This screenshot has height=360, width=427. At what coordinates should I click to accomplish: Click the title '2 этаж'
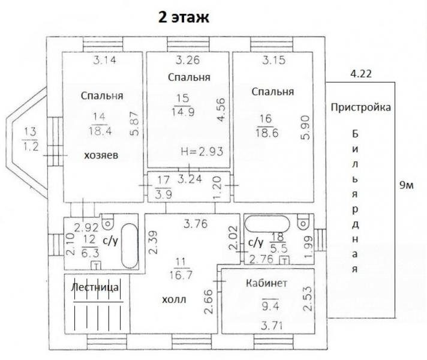tap(184, 17)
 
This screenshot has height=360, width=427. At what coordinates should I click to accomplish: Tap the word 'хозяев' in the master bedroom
tap(101, 155)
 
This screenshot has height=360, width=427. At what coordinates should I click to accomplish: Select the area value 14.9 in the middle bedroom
tap(183, 112)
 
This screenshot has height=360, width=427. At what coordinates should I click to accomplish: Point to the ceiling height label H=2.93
tap(202, 151)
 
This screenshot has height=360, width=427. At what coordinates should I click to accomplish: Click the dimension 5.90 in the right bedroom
tap(305, 128)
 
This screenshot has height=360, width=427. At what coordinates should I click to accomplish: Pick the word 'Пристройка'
tap(361, 107)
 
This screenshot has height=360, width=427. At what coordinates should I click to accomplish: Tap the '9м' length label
tap(406, 185)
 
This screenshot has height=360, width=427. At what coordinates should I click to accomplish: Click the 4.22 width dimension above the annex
tap(361, 74)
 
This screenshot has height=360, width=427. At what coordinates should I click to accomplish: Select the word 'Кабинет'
tap(266, 283)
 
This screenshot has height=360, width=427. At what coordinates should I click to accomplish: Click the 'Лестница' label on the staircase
tap(95, 287)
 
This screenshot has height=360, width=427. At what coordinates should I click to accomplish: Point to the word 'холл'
tap(174, 300)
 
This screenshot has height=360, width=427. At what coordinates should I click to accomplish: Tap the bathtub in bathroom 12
tap(130, 246)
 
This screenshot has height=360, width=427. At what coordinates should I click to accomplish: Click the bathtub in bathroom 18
tap(267, 224)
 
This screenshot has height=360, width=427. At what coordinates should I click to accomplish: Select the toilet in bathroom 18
tap(303, 221)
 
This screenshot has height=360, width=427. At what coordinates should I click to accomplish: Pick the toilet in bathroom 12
tap(107, 221)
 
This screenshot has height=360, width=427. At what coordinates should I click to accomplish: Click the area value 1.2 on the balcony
tap(30, 146)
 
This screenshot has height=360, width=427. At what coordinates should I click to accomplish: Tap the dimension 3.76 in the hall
tap(196, 224)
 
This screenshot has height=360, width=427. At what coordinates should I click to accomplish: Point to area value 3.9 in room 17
tap(163, 194)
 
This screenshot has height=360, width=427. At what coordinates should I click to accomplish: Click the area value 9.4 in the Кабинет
tap(270, 306)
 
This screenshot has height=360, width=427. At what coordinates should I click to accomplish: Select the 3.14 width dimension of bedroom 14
tap(104, 60)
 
